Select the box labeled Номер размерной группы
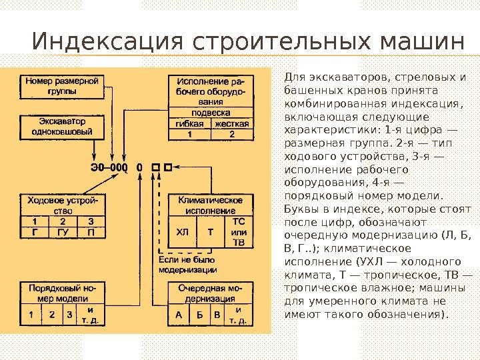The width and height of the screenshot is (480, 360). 61,85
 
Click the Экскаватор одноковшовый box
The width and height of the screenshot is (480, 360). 61,127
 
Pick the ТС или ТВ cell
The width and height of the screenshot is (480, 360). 238,231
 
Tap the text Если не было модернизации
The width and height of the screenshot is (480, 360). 187,265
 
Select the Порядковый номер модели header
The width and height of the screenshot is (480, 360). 61,293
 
